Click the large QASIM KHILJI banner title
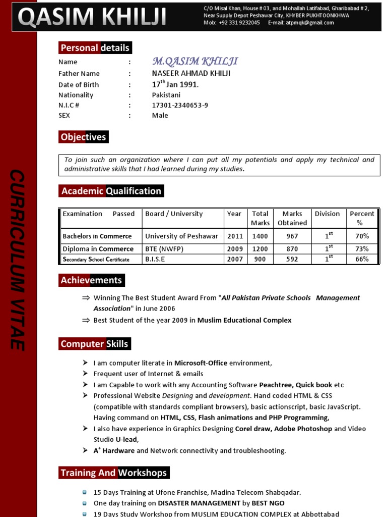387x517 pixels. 92,18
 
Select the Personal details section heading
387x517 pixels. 95,48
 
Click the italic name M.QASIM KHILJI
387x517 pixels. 195,62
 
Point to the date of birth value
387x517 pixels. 175,84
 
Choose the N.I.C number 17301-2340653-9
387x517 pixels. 180,105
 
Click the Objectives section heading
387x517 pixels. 83,137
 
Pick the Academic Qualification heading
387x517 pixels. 111,191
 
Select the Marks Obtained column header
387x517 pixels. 292,218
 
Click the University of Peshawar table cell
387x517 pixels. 182,236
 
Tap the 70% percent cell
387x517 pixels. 362,236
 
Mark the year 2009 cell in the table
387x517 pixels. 234,248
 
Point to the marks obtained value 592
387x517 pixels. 292,259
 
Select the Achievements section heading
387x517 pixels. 91,280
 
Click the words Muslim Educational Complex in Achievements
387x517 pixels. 244,320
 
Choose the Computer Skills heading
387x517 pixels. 94,344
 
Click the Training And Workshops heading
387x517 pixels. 113,473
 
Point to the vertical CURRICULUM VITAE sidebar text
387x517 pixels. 18,260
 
